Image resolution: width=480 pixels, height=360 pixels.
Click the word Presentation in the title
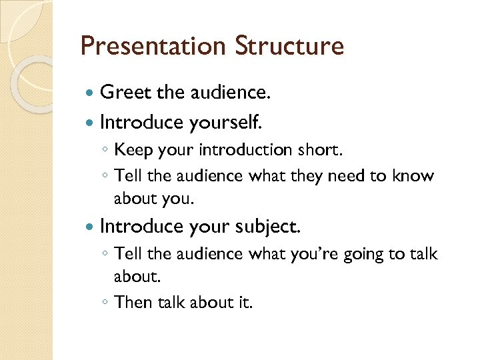[x=153, y=47]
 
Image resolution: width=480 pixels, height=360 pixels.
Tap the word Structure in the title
[x=289, y=47]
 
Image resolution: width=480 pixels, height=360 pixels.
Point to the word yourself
[x=226, y=122]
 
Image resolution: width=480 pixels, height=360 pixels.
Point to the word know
[x=413, y=176]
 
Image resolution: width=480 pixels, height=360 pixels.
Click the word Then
[x=133, y=302]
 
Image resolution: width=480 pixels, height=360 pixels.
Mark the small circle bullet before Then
[x=104, y=303]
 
